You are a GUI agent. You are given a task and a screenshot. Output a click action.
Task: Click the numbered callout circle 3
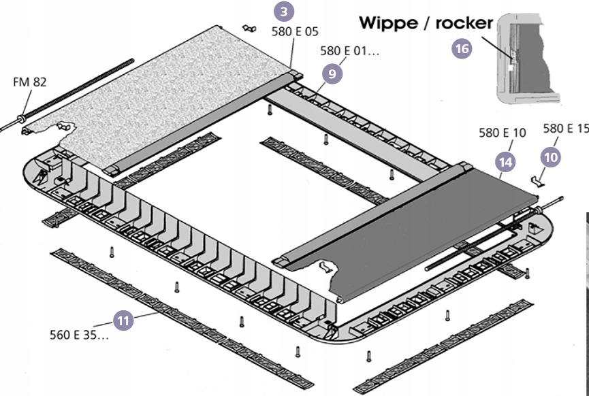pos(284,12)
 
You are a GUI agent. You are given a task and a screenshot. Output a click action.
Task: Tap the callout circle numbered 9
pos(332,74)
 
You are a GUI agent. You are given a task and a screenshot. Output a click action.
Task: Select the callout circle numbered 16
pos(462,49)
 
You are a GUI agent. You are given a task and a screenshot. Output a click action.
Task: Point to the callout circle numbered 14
pos(506,162)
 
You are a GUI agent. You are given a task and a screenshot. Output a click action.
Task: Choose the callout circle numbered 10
pos(551,157)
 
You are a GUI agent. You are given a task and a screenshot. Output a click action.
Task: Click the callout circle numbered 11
pos(123,320)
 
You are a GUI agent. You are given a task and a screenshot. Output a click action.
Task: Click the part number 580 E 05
pos(295,32)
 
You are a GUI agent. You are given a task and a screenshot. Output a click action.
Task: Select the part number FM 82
pos(30,82)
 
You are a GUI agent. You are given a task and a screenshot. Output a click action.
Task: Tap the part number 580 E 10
pos(503,133)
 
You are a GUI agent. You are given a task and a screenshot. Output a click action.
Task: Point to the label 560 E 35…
pos(79,335)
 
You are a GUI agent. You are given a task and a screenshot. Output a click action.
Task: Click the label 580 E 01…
pos(350,50)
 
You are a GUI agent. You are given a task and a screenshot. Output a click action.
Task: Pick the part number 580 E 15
pos(566,129)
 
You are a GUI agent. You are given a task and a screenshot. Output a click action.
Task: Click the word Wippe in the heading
pos(392,23)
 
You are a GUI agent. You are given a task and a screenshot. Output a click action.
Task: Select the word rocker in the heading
pos(464,24)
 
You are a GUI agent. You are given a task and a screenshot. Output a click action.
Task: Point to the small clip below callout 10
pos(537,181)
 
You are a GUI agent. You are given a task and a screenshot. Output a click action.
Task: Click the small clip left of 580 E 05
pos(249,28)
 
